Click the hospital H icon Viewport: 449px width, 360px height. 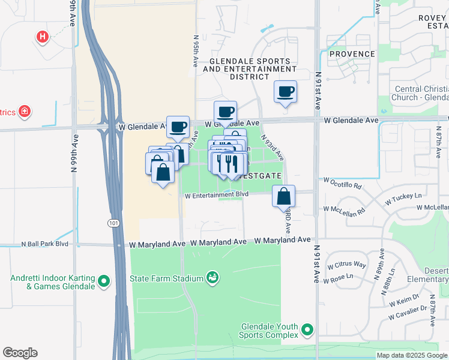(x=42, y=37)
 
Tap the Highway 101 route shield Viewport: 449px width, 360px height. (x=113, y=223)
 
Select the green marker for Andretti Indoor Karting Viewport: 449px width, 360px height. (x=104, y=280)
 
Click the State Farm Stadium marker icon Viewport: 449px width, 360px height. (x=211, y=277)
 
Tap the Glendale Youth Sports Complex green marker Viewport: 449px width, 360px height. (x=307, y=329)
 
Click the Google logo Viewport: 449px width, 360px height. (x=20, y=353)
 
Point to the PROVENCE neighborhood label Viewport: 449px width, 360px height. (x=352, y=54)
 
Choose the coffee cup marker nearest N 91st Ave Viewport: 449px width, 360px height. (x=286, y=92)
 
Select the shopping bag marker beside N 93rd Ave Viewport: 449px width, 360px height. (x=283, y=196)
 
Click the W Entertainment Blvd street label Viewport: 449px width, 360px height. (x=216, y=195)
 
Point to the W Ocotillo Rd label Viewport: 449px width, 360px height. (x=343, y=180)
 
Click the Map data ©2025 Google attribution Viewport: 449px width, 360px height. (x=411, y=355)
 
